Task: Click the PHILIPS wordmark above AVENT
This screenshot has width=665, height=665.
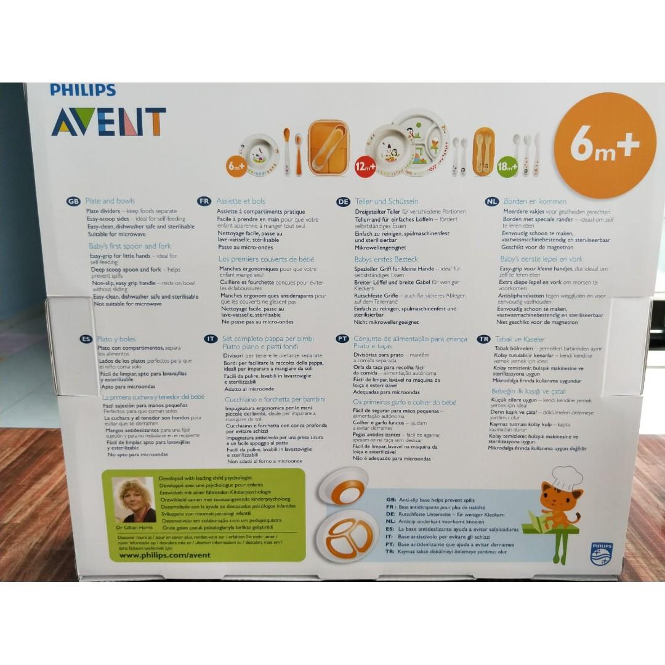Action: [83, 90]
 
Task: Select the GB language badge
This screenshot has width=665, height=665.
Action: [73, 201]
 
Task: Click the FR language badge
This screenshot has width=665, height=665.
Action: [204, 201]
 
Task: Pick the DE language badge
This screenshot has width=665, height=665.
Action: [343, 201]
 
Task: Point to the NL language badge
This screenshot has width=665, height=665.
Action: [491, 201]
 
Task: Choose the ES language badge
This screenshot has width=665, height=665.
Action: [86, 339]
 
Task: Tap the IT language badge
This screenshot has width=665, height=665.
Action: [211, 339]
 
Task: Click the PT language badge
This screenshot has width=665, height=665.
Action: [342, 339]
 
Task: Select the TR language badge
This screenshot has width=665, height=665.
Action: [483, 339]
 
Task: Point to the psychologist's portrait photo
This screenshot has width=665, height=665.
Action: [134, 500]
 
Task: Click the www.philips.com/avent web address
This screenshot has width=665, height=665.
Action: [164, 555]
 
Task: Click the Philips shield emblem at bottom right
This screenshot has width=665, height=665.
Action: [601, 554]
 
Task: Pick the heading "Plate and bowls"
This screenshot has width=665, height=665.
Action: [110, 201]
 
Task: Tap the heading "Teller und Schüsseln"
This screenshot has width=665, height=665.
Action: [386, 201]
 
